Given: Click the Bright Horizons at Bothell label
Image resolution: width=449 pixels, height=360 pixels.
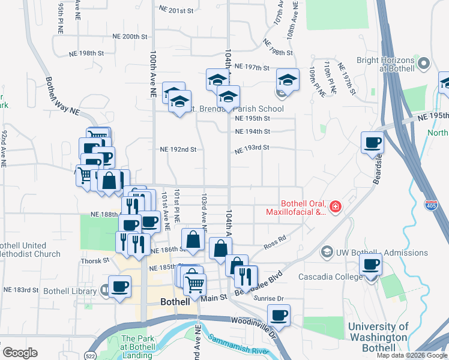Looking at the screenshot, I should (385, 64).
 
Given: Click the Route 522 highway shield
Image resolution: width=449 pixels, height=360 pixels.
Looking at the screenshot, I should (91, 347).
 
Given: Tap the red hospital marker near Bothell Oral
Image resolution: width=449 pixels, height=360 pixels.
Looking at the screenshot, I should (335, 208).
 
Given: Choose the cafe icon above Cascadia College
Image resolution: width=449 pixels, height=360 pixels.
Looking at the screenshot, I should (370, 264).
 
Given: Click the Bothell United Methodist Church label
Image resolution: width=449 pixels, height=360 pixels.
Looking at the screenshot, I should (30, 250).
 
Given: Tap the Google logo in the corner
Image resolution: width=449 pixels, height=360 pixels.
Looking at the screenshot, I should (20, 353).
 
